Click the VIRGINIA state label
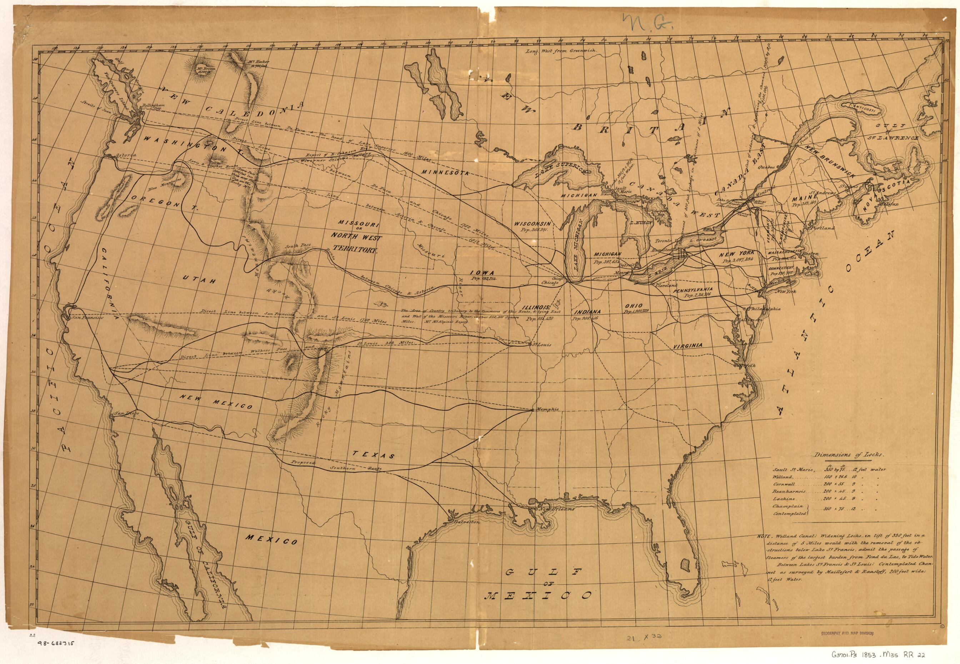pos(688,346)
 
